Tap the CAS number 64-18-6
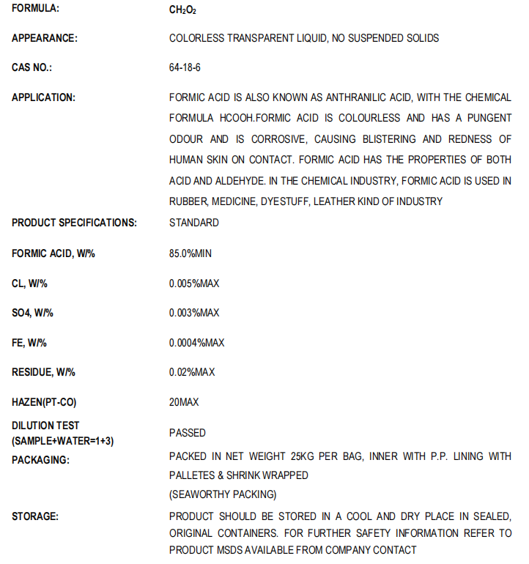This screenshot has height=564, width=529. coord(185,68)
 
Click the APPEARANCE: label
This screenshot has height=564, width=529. coord(45,38)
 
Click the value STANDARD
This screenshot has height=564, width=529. coord(193,223)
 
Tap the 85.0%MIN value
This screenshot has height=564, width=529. coord(190,253)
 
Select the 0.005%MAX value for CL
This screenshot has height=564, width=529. coord(194,283)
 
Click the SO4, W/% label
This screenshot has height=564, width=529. coord(32,313)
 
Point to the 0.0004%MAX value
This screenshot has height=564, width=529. coord(196,343)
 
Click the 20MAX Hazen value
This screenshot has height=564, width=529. coord(184,402)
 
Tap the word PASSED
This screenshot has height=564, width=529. coord(188,433)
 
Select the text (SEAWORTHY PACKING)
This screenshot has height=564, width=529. coord(223,494)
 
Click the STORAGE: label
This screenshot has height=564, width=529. coord(35,516)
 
